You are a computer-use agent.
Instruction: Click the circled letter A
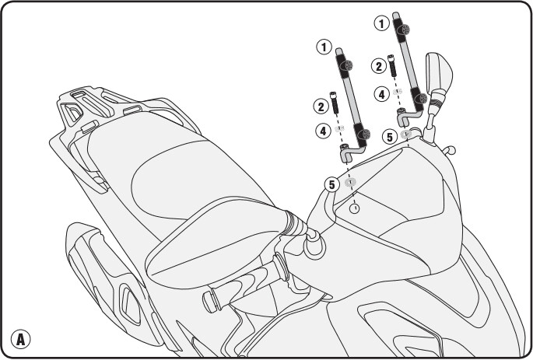coord(20,339)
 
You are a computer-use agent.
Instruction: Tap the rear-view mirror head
coord(439,72)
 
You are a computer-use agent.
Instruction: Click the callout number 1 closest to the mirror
coord(382,23)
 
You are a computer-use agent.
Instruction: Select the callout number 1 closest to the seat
coord(324,47)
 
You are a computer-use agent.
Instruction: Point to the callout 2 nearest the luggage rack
coord(321,107)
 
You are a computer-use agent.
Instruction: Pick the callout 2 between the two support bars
coord(379,66)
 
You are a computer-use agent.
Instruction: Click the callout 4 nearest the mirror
coord(382,94)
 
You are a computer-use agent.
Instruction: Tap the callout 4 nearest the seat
coord(323,131)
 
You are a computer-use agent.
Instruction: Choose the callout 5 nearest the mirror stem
coord(390,137)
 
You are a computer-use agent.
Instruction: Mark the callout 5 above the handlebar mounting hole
coord(331,185)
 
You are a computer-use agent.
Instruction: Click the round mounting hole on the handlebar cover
coord(355,208)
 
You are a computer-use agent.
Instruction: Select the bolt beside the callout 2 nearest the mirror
coord(392,65)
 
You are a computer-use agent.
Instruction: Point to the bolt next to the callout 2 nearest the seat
coord(334,103)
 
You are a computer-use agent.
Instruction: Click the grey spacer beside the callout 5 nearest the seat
coord(350,182)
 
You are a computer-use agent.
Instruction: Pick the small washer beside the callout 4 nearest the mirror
coord(398,92)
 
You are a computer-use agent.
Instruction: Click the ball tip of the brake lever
coord(451,149)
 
